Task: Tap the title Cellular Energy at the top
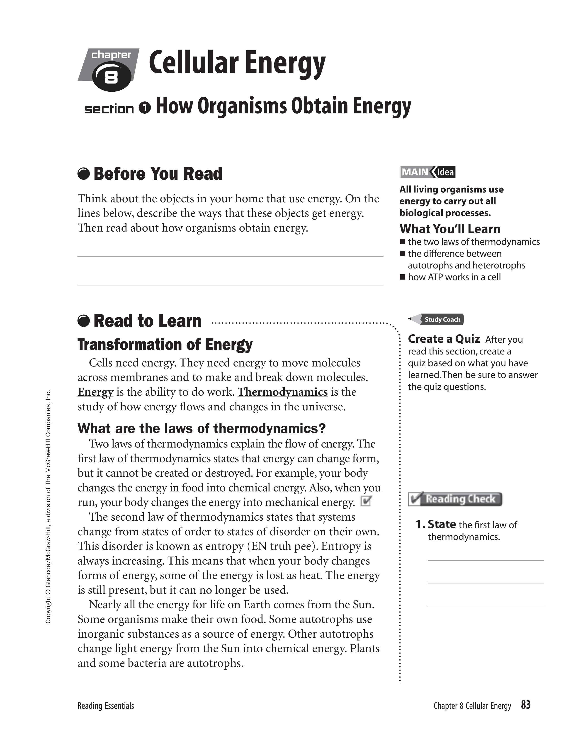[237, 64]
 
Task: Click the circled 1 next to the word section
[145, 108]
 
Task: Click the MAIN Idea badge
[428, 172]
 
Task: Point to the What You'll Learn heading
[450, 228]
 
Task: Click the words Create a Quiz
[443, 339]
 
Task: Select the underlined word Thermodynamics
[282, 392]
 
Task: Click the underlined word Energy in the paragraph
[95, 392]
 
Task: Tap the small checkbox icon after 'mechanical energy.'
[366, 501]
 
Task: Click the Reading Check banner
[455, 499]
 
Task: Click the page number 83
[526, 705]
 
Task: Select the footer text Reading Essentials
[105, 706]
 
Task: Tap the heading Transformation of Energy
[165, 345]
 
